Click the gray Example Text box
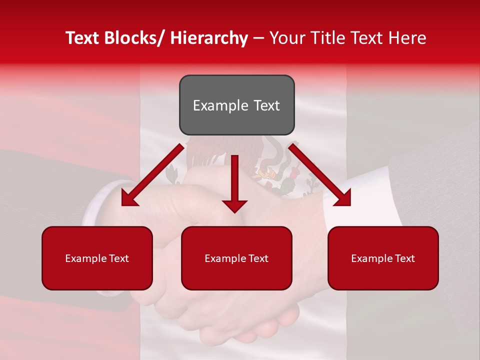point(236,105)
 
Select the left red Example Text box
point(97,258)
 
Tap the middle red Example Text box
point(236,258)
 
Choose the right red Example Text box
point(383,258)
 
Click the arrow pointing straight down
point(234,185)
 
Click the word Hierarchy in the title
point(209,38)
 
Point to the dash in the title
point(258,38)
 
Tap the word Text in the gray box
point(266,105)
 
